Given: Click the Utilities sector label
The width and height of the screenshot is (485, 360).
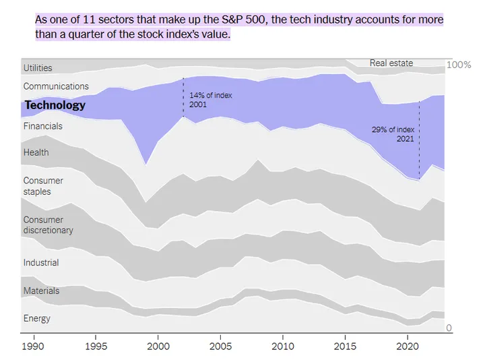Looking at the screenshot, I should click(x=38, y=68).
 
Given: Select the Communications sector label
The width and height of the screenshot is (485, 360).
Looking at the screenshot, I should click(x=56, y=86).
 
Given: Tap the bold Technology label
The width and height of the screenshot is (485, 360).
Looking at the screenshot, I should click(x=55, y=105).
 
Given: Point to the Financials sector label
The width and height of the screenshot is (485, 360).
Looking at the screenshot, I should click(x=42, y=126).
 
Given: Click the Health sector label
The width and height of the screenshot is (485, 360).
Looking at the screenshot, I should click(x=36, y=152).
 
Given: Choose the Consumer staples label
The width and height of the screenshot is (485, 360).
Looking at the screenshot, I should click(x=43, y=186).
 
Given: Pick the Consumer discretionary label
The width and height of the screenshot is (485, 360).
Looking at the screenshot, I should click(x=48, y=225).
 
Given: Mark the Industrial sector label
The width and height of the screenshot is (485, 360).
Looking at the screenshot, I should click(x=41, y=263).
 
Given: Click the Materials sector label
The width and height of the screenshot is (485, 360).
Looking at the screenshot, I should click(x=41, y=291).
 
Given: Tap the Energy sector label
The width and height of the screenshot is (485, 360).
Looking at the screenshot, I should click(x=36, y=319).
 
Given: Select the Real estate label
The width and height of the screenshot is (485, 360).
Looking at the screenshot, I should click(x=391, y=63).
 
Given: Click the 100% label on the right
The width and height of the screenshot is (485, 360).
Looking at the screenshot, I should click(x=459, y=65).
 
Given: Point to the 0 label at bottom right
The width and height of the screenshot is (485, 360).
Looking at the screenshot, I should click(x=449, y=328).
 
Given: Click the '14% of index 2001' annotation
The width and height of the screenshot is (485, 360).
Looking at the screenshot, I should click(x=210, y=100).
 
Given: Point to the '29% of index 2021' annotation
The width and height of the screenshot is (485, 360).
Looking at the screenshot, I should click(x=393, y=133).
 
